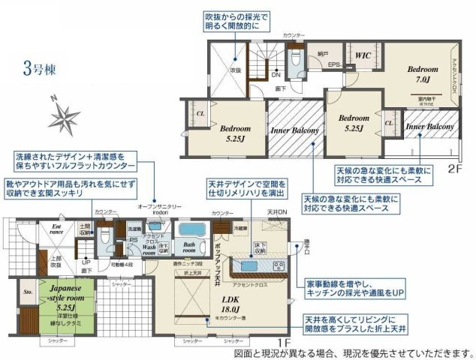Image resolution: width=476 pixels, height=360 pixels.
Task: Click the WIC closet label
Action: pyautogui.click(x=363, y=55)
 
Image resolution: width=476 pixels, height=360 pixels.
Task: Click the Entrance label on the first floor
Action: pyautogui.click(x=57, y=229)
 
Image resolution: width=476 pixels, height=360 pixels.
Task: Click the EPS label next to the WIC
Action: pyautogui.click(x=334, y=65)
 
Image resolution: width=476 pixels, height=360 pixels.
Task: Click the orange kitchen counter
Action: pyautogui.click(x=255, y=267)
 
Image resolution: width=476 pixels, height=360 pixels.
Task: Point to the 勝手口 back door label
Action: pyautogui.click(x=306, y=242)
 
